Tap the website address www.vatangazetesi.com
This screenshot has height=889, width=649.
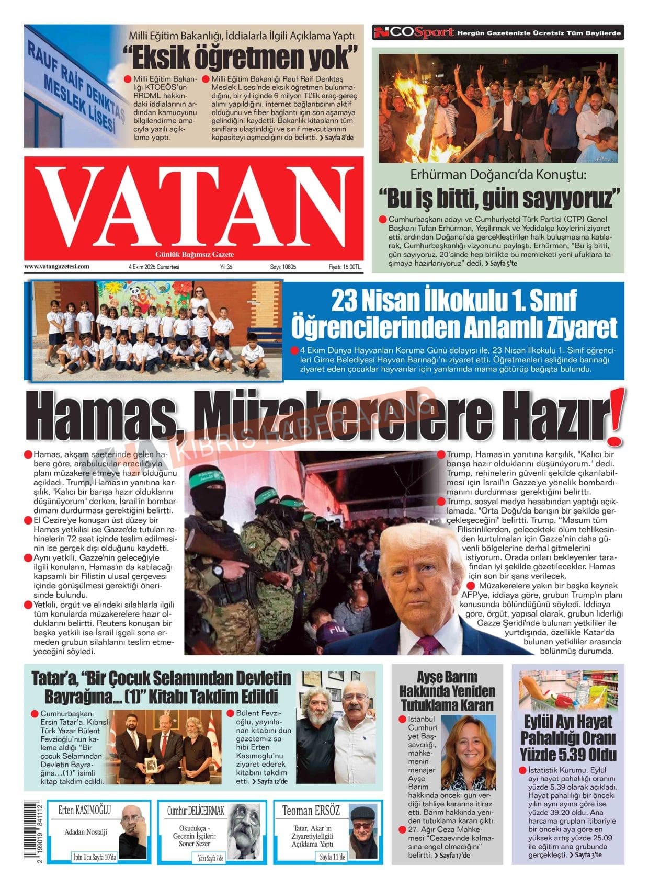56,266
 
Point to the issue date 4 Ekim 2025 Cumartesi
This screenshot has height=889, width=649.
154,267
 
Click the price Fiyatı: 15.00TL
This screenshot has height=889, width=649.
345,267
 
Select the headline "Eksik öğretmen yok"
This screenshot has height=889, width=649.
240,57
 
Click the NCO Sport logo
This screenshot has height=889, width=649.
414,33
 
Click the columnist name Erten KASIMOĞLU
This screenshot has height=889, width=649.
85,811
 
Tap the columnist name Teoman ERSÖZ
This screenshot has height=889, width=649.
311,811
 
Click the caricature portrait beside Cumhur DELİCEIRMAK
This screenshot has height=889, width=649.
245,830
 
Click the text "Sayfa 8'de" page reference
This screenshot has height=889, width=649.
339,138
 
